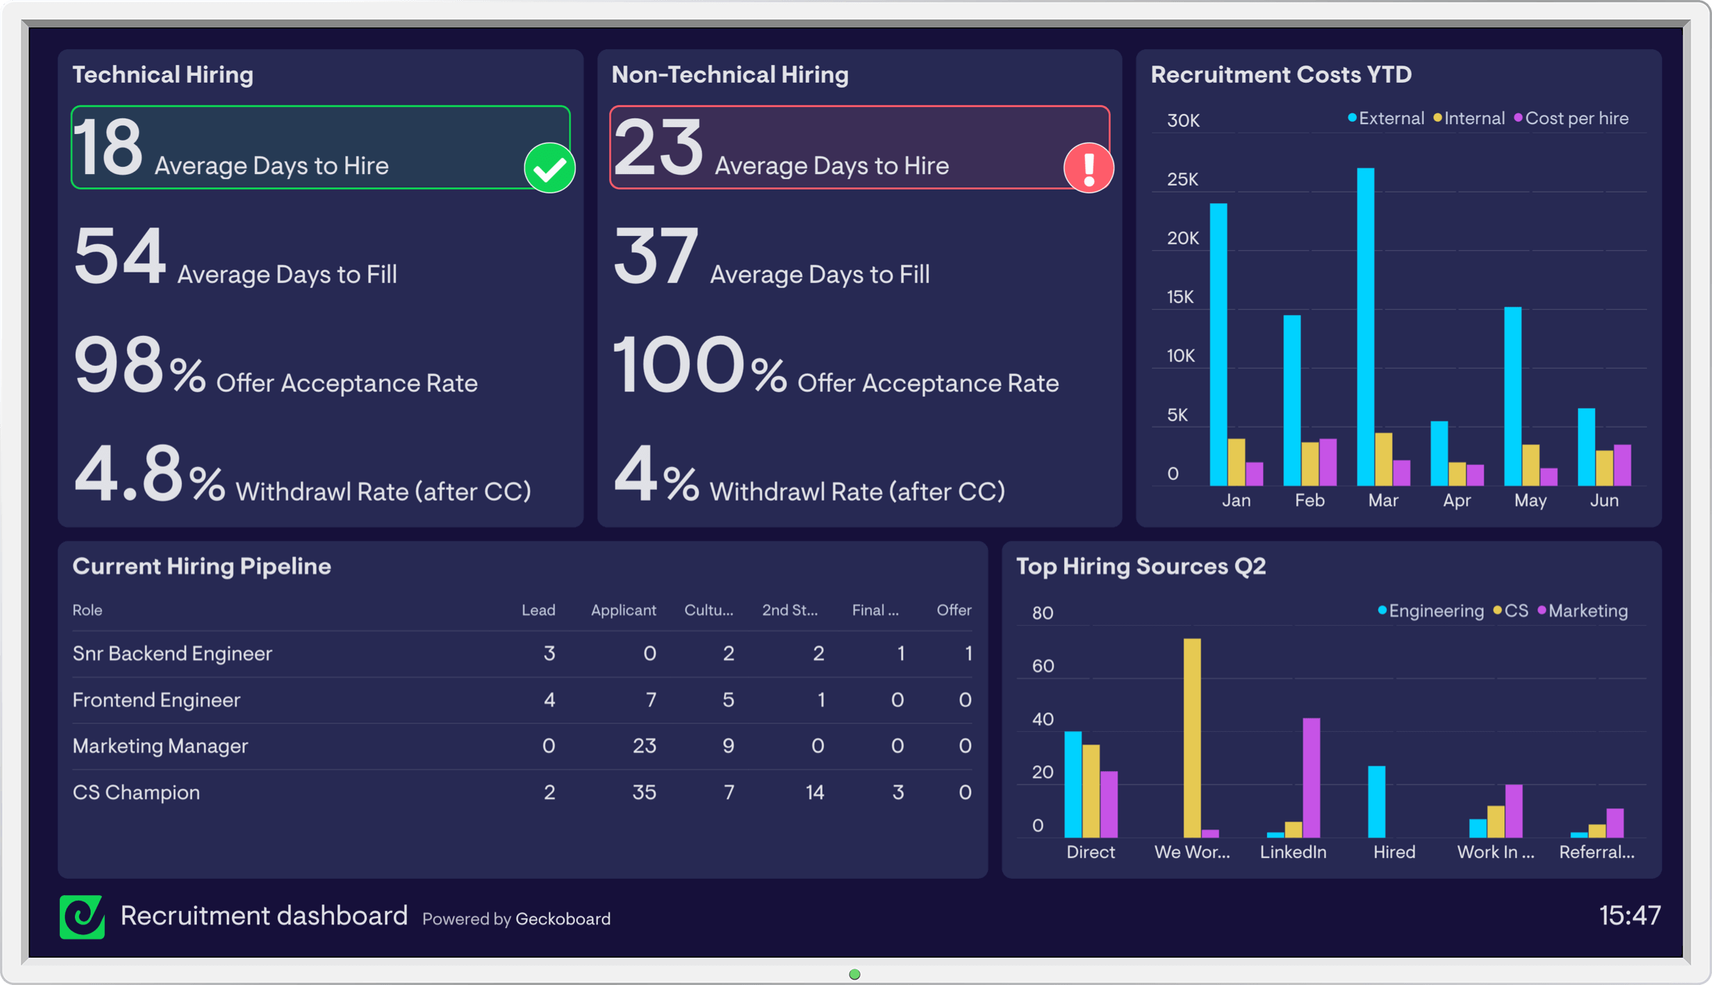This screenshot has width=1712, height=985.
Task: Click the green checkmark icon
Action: click(x=549, y=168)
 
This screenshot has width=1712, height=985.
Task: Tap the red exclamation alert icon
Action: click(x=1089, y=168)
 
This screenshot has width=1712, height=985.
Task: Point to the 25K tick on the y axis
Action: click(x=1183, y=179)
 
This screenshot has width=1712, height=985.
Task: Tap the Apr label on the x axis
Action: click(x=1457, y=500)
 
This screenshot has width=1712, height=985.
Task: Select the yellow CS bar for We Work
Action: click(x=1192, y=738)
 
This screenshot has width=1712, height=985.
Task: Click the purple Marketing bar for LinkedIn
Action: click(x=1311, y=777)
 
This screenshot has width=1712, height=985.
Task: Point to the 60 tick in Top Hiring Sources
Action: click(x=1043, y=666)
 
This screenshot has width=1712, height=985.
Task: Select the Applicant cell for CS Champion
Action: click(x=643, y=792)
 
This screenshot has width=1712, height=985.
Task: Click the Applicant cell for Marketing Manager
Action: click(x=643, y=746)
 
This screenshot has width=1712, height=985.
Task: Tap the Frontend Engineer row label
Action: click(x=156, y=700)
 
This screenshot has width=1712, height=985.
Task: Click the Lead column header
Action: click(x=538, y=611)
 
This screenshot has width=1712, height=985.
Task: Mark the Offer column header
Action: click(x=954, y=611)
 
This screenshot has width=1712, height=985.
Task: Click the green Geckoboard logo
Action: click(x=82, y=917)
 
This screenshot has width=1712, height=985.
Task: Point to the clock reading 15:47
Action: click(x=1630, y=916)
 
